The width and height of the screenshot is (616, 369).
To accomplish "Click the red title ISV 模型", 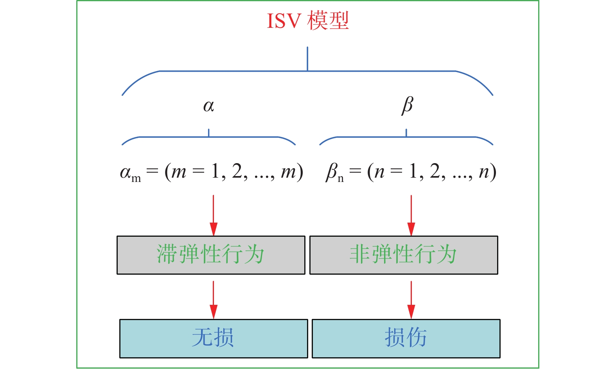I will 307,21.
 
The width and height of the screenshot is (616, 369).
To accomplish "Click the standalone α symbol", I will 208,106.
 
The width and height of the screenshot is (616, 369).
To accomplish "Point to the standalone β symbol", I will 407,105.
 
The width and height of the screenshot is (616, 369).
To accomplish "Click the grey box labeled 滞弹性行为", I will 211,255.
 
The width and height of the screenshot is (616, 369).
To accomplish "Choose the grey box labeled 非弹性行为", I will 403,255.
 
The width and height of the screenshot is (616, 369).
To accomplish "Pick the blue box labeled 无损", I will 213,338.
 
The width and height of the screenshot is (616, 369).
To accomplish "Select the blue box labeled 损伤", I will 406,338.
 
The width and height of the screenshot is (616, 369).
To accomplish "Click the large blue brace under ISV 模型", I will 307,71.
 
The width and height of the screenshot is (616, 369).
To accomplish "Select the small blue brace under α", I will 208,137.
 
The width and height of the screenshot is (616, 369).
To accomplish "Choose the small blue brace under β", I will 406,137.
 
